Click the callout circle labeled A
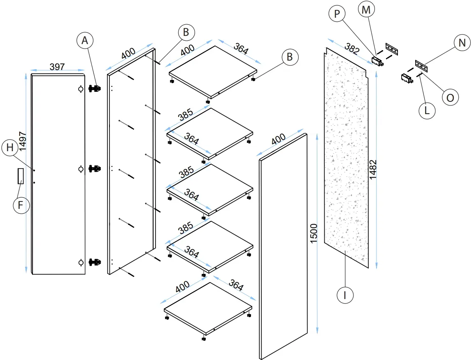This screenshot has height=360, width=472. point(85,41)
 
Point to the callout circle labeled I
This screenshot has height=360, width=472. point(344,295)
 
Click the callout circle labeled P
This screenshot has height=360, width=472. point(337,14)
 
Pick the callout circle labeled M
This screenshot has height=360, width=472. point(365,9)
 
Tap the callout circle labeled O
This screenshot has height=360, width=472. point(450,98)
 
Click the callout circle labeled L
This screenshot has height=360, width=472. point(427,111)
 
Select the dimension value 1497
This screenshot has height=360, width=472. point(23,142)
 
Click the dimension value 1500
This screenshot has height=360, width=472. point(314,234)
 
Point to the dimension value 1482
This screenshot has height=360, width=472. point(373,169)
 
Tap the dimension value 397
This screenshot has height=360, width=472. point(57,67)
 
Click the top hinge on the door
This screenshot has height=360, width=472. point(95,89)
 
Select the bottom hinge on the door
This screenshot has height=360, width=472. point(95,262)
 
